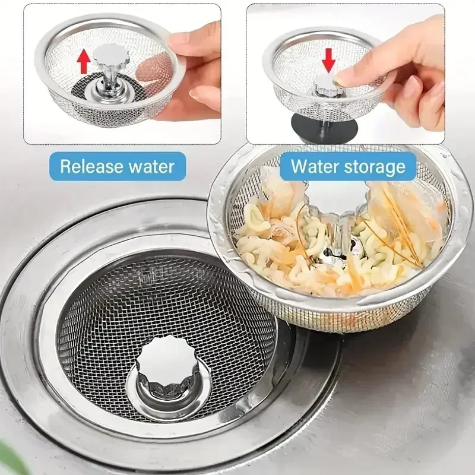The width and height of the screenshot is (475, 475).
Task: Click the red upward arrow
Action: (x=84, y=61)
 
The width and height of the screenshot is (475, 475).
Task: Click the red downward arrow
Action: (x=329, y=60)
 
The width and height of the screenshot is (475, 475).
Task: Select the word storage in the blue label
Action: (x=376, y=166)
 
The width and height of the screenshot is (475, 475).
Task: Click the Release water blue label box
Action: (x=117, y=166)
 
